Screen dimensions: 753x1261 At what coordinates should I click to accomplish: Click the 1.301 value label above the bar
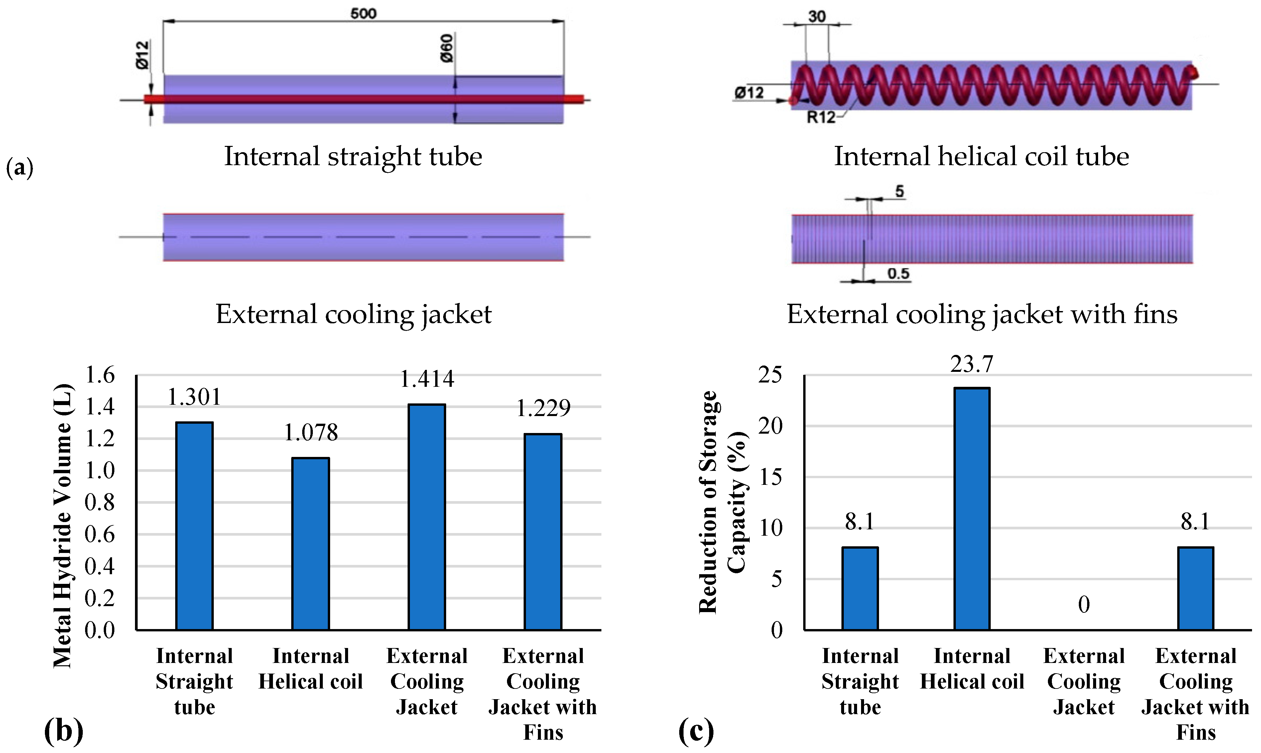pos(194,397)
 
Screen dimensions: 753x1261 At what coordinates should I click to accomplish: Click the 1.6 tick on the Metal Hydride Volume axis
pos(100,376)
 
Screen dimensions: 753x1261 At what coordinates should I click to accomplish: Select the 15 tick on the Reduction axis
pos(770,477)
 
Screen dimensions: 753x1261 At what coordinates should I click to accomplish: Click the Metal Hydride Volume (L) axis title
pos(63,525)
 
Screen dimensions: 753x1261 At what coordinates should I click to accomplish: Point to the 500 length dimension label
pos(363,13)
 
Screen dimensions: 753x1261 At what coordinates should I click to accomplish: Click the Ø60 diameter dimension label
pos(446,48)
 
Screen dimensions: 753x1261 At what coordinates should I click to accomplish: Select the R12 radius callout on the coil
pos(821,118)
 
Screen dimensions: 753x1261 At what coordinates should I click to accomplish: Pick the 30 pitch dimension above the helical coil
pos(817,16)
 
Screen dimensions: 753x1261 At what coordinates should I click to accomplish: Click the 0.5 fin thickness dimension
pos(898,274)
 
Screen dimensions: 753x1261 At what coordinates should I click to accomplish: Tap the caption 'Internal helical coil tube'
pos(981,156)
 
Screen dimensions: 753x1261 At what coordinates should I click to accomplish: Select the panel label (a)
pos(19,167)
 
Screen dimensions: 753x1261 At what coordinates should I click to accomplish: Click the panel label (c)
pos(695,731)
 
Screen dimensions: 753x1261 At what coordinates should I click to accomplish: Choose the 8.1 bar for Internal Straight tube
pos(860,588)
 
